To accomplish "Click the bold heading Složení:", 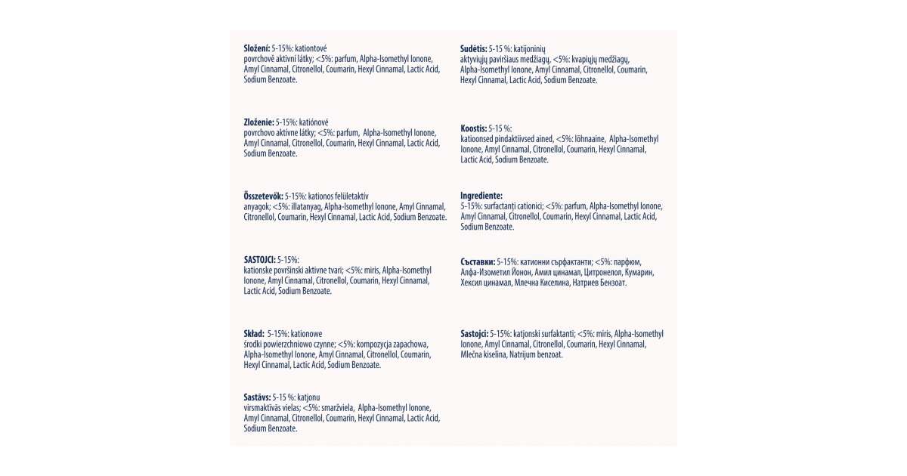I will tap(256, 48).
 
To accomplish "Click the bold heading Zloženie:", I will tap(258, 122).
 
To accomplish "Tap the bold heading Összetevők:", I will tap(263, 196).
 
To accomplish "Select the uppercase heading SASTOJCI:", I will tap(259, 259).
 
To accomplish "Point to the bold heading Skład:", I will tap(254, 333).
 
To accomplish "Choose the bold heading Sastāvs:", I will tap(257, 396).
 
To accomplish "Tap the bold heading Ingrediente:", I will tap(481, 195).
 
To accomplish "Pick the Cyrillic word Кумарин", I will tap(639, 272).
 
